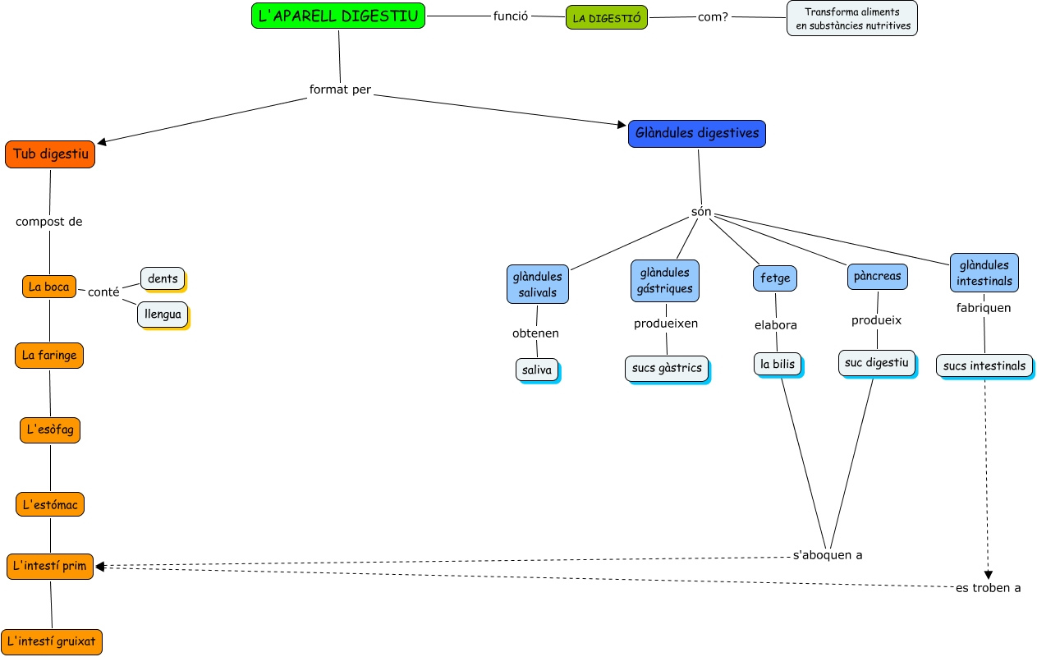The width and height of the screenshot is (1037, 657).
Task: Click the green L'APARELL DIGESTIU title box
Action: click(338, 16)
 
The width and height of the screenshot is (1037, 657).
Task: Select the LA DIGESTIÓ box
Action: click(607, 17)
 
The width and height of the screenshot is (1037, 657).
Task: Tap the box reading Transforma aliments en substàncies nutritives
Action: click(852, 18)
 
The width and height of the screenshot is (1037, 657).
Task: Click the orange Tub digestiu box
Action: click(50, 154)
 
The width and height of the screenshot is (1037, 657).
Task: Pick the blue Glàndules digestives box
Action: click(697, 134)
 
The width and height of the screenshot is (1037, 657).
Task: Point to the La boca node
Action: click(49, 287)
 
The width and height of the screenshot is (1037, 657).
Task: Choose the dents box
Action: click(163, 278)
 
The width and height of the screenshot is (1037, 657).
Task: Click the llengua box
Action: click(163, 315)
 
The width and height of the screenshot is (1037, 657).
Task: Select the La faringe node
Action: click(49, 356)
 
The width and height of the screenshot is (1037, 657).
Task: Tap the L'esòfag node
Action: click(50, 430)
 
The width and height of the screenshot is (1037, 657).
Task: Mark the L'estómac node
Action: click(50, 504)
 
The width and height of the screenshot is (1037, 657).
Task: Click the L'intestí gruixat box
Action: click(52, 641)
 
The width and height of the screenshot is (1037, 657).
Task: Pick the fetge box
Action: click(775, 278)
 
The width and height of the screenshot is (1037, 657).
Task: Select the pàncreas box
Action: click(877, 276)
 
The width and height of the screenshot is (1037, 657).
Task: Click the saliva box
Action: click(537, 370)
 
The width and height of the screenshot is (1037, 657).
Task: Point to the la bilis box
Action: click(778, 365)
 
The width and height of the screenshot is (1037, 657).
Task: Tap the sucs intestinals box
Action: click(984, 365)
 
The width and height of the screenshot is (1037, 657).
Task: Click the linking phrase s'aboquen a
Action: click(828, 555)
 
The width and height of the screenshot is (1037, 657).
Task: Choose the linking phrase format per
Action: click(340, 90)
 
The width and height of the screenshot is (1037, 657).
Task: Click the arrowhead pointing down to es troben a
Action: click(989, 575)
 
